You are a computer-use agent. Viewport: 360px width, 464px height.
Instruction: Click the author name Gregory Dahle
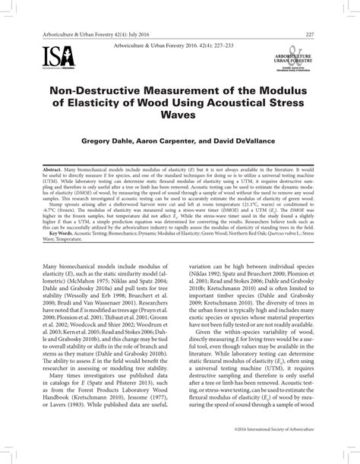(122, 141)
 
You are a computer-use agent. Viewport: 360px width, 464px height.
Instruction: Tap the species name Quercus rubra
(274, 236)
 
